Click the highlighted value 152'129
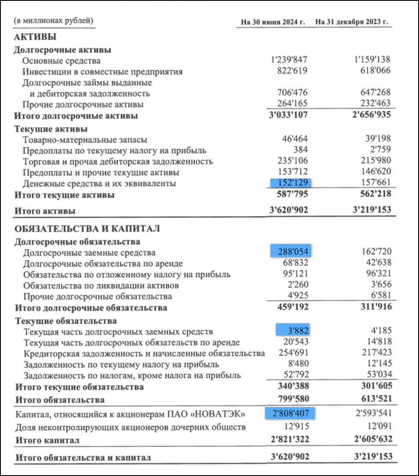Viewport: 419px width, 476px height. [291, 183]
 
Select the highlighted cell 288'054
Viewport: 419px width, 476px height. [291, 251]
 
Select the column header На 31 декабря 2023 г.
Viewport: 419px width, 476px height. [351, 22]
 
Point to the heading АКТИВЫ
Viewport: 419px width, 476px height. [35, 37]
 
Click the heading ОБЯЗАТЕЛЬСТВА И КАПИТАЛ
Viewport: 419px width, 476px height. [87, 229]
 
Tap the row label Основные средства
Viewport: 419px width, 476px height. [61, 61]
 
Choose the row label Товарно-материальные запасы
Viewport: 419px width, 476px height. [85, 140]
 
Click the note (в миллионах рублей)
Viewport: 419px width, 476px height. [53, 21]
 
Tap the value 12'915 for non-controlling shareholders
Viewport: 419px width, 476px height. [296, 427]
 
